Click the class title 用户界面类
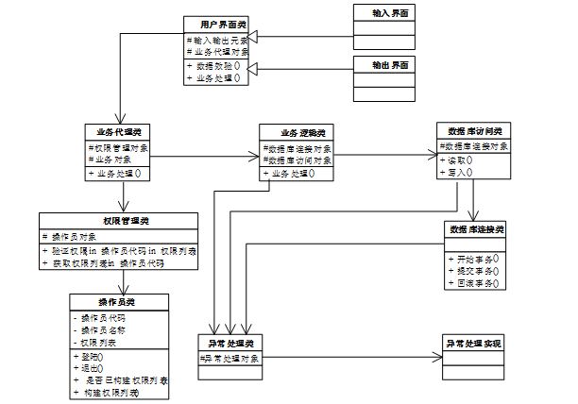[216, 24]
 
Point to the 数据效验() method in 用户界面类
[215, 66]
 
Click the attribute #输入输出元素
[217, 41]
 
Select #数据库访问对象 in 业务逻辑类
[297, 160]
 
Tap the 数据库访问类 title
[474, 129]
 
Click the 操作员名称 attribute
[106, 330]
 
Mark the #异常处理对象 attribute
[230, 359]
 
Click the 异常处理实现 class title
[477, 342]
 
